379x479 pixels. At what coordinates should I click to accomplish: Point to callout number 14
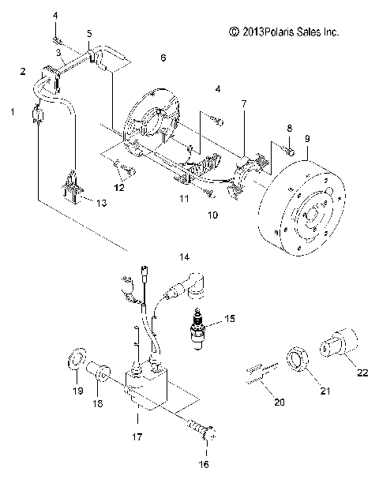[x=183, y=257]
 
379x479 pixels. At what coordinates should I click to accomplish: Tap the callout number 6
[x=163, y=58]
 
